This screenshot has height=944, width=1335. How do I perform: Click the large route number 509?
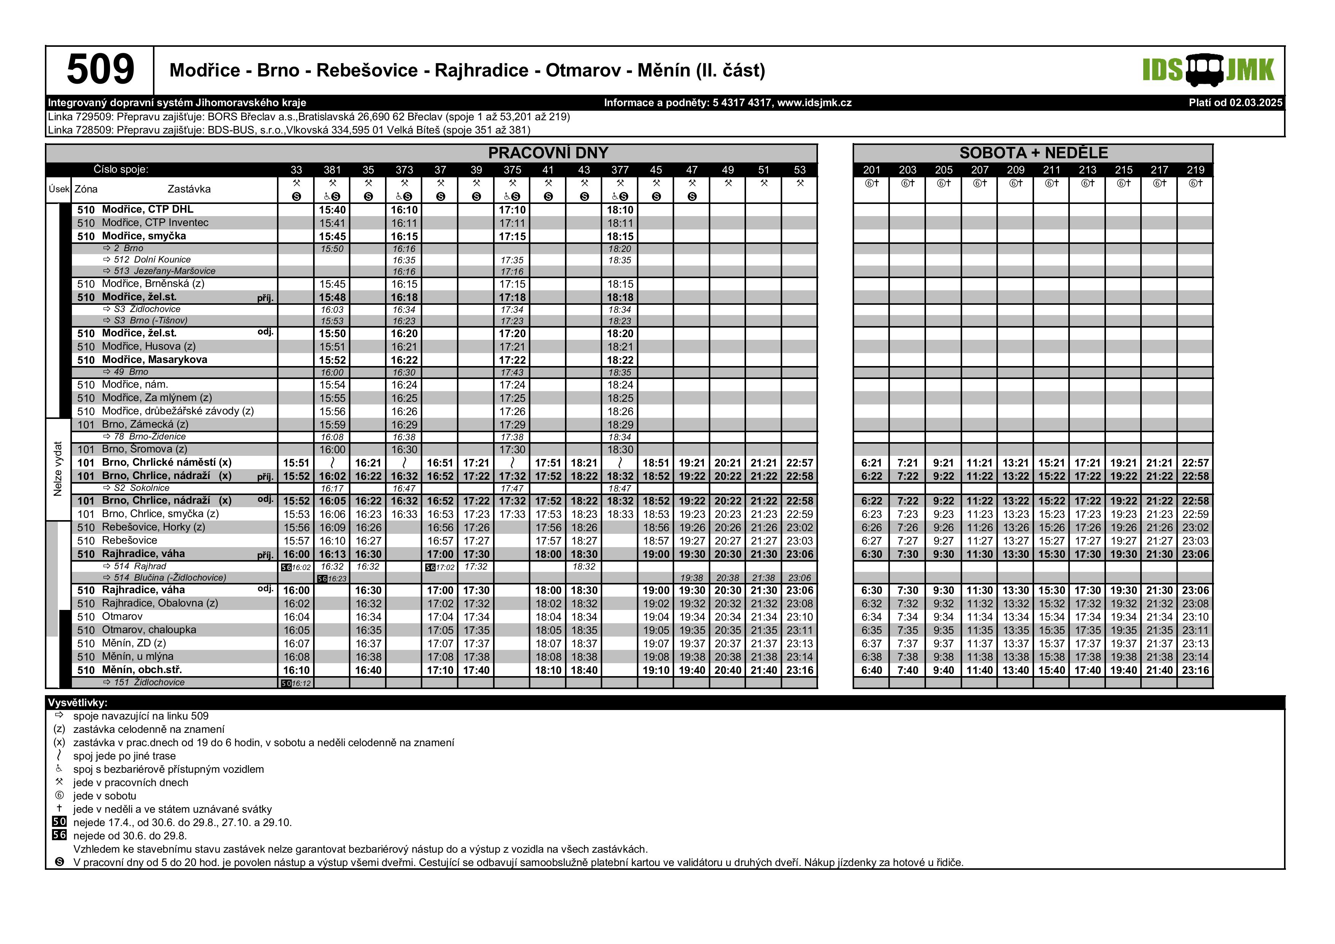coord(100,70)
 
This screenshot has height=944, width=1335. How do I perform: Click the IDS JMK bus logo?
coord(1208,70)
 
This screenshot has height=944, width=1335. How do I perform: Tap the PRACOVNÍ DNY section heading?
coord(548,153)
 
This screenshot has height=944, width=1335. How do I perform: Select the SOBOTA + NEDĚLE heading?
coord(1033,153)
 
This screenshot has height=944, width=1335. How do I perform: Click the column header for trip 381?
coord(332,170)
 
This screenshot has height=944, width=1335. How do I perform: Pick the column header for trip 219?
coord(1195,170)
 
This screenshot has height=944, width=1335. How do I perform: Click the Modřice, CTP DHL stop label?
coord(147,209)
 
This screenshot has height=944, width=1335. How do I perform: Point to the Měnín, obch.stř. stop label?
coord(142,670)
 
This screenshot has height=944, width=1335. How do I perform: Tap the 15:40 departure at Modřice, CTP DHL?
coord(332,210)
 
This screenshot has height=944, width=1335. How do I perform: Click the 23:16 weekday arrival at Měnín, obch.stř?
coord(799,670)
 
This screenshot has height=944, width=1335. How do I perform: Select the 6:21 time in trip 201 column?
coord(872,463)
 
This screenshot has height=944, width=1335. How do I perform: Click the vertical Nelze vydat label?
coord(57,469)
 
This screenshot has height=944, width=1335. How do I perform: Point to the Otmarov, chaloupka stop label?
coord(149,630)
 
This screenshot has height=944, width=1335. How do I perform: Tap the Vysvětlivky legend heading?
coord(77,703)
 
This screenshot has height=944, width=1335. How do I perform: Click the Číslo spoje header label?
coord(121,170)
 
